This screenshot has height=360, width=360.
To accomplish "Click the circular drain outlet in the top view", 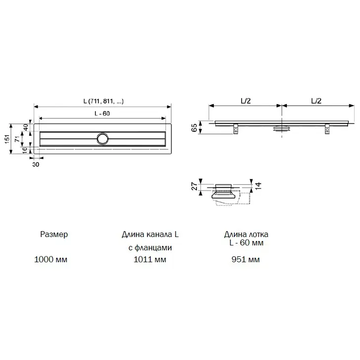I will pos(103,139).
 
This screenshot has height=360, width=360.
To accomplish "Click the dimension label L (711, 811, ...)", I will pos(103,101).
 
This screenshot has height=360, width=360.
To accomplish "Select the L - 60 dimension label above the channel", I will pos(102,114).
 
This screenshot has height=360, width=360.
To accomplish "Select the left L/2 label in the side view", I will pos(245,101).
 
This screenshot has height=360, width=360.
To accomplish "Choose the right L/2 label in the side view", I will pos(317,101).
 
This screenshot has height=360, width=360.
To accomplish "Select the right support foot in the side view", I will pos(327,129).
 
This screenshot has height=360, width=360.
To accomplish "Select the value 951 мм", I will pos(246,259).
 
